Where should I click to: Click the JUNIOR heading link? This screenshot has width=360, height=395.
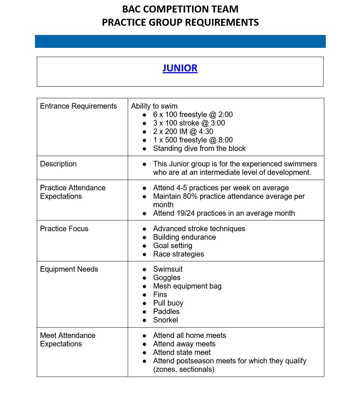pyautogui.click(x=180, y=68)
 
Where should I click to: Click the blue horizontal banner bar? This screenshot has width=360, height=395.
pyautogui.click(x=180, y=41)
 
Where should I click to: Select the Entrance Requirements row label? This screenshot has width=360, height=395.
pyautogui.click(x=78, y=106)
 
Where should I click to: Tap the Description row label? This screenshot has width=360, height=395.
pyautogui.click(x=58, y=164)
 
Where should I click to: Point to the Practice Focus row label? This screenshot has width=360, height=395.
pyautogui.click(x=64, y=229)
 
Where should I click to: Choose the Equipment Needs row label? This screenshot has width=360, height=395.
pyautogui.click(x=69, y=269)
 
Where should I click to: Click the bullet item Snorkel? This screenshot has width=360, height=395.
pyautogui.click(x=165, y=320)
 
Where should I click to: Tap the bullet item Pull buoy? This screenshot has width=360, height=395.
pyautogui.click(x=168, y=303)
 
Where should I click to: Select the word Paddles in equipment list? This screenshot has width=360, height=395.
pyautogui.click(x=166, y=311)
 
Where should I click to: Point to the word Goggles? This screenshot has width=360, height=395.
pyautogui.click(x=167, y=278)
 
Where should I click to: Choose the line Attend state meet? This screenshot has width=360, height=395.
pyautogui.click(x=182, y=352)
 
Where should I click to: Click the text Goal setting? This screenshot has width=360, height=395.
pyautogui.click(x=173, y=246)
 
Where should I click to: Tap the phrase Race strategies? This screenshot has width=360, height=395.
pyautogui.click(x=179, y=254)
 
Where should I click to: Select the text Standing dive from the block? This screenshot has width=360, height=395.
pyautogui.click(x=199, y=148)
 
